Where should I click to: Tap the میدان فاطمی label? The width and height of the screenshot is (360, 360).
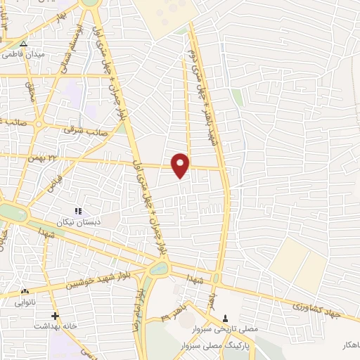(25, 54)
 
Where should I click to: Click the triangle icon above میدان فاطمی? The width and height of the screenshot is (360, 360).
(23, 43)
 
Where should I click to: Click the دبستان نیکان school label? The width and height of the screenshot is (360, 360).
(79, 221)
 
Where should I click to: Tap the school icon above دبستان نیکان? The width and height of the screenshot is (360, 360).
(79, 210)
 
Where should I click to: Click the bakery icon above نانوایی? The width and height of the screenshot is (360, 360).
(26, 292)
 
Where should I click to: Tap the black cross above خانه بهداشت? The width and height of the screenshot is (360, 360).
(55, 316)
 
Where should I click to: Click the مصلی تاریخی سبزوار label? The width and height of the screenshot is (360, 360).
(224, 329)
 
